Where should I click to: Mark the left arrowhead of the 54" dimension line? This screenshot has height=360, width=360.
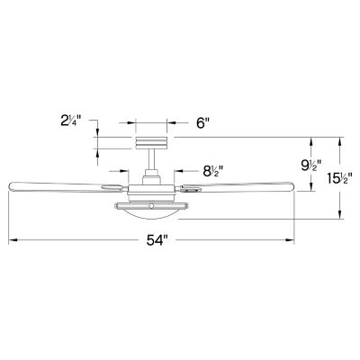[12, 241]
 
